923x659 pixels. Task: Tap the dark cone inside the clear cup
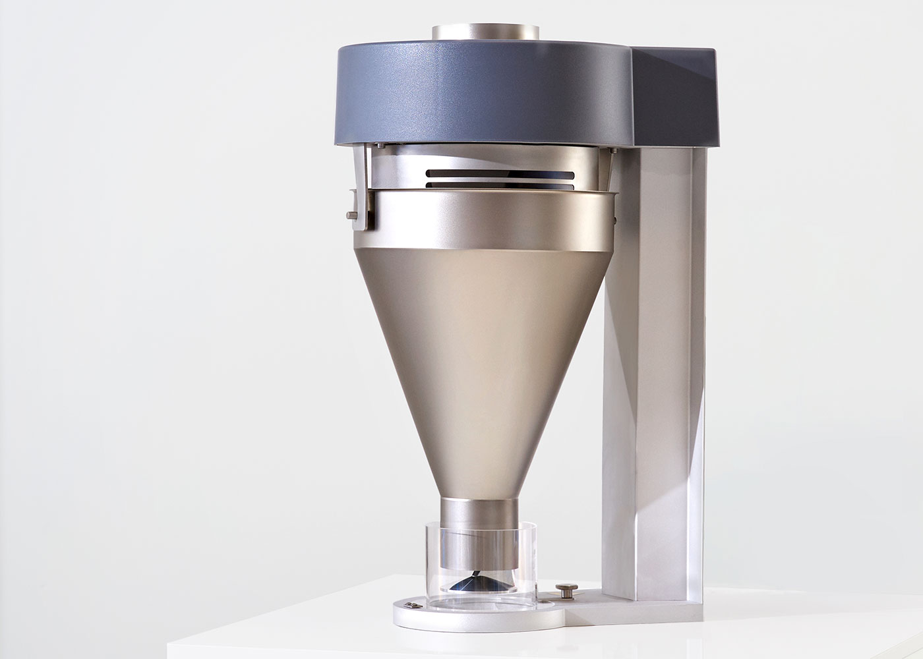pos(487,583)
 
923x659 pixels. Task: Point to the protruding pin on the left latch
pos(349,214)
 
